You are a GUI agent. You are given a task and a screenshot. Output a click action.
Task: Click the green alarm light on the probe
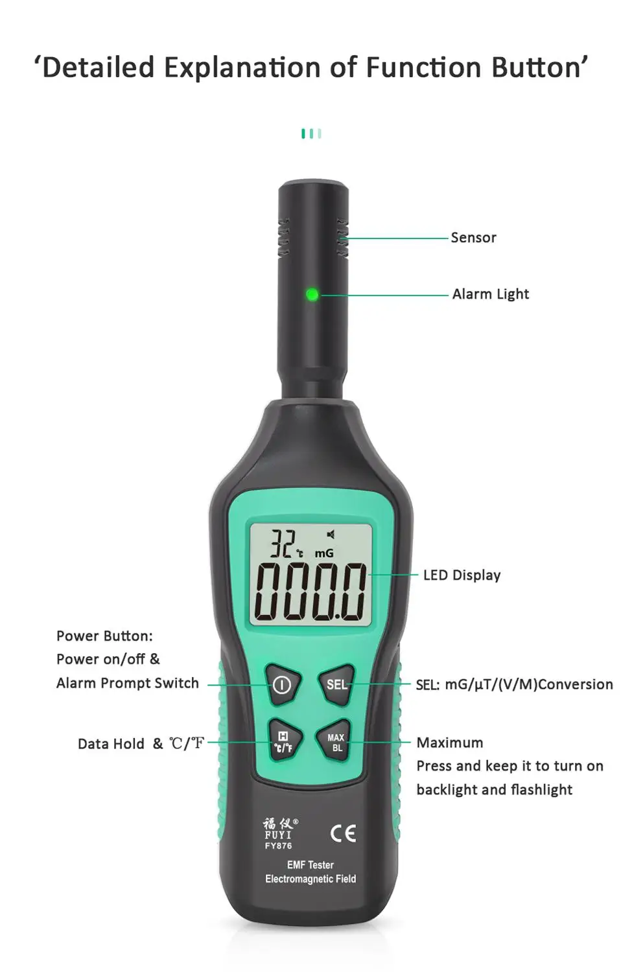click(312, 295)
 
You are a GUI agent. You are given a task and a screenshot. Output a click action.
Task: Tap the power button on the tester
click(282, 684)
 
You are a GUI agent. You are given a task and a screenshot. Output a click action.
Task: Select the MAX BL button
click(336, 743)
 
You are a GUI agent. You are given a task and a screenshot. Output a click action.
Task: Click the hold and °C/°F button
click(283, 743)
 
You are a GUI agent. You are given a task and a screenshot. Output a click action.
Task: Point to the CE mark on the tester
click(343, 833)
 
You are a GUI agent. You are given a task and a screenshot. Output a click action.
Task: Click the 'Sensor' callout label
click(473, 238)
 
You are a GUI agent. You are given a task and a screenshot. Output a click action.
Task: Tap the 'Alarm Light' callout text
click(490, 294)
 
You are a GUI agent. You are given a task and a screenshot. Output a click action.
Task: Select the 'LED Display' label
click(462, 575)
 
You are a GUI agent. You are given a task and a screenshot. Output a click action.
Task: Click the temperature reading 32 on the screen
click(283, 544)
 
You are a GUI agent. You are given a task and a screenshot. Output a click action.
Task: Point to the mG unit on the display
click(324, 553)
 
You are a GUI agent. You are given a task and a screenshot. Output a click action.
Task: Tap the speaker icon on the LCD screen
click(331, 535)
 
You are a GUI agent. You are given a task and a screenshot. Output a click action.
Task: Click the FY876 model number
click(278, 846)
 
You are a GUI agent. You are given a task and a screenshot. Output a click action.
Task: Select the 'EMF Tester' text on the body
click(310, 865)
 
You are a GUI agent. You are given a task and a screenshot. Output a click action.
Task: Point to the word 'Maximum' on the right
click(450, 743)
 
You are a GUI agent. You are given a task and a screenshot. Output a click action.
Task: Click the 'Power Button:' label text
click(104, 636)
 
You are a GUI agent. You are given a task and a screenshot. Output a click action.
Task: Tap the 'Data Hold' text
click(111, 744)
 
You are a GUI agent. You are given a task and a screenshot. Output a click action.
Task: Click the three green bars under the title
click(311, 133)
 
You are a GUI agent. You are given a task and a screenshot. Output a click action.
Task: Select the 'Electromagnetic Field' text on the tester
click(310, 879)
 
